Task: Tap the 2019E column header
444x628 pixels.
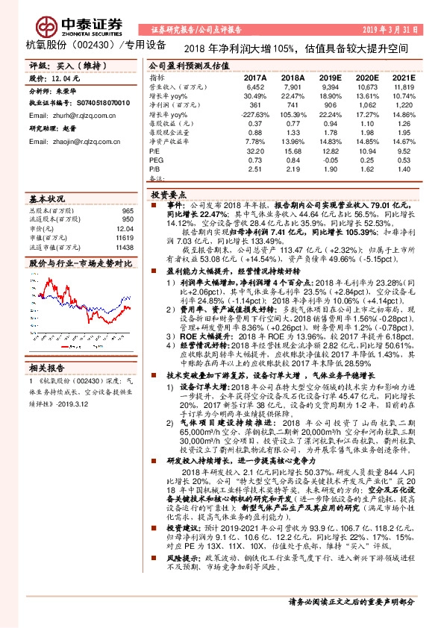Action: [328, 77]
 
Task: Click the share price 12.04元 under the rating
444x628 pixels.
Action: [63, 78]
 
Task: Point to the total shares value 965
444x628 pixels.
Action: [128, 212]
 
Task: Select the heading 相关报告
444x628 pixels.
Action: [48, 368]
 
